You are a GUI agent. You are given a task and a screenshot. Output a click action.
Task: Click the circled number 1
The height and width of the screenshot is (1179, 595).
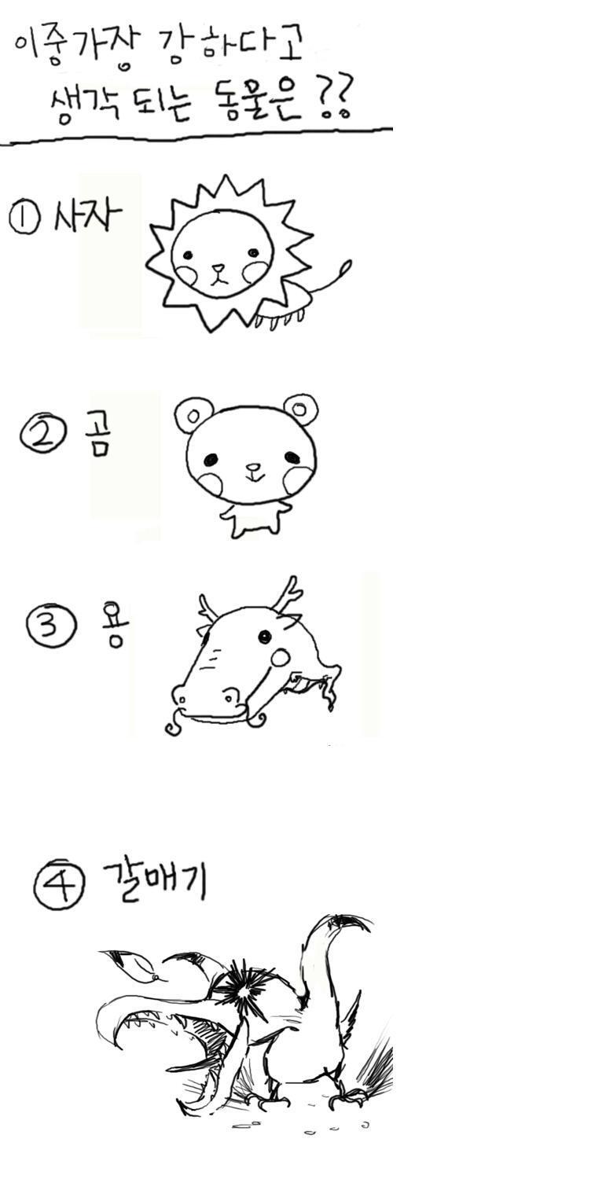(24, 219)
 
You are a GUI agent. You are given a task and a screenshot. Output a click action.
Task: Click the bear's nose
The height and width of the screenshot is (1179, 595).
(254, 467)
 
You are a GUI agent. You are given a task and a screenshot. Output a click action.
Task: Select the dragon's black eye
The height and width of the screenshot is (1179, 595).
(265, 637)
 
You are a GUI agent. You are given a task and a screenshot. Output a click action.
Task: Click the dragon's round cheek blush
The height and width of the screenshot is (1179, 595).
(281, 657)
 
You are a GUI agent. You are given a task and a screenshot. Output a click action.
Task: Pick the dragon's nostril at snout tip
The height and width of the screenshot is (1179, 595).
(182, 699)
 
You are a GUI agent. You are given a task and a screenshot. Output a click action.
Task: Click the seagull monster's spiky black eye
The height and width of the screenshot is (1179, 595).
(243, 990)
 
